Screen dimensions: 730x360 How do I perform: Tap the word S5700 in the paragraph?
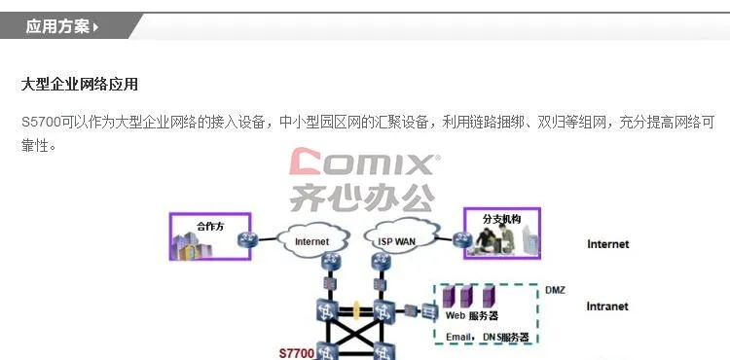pos(40,123)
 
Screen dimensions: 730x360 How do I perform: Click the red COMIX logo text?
pos(365,162)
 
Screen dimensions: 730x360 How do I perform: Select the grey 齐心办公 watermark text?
pos(361,198)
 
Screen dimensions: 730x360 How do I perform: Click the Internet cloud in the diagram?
pos(311,240)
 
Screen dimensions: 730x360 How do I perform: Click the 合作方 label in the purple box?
pos(210,225)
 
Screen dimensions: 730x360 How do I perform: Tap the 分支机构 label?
pos(501,220)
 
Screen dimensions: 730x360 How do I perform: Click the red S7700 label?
pos(297,352)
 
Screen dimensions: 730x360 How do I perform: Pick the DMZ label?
pos(554,290)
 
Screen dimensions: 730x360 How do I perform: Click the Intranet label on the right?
pos(607,306)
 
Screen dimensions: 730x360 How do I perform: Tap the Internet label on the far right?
pos(607,244)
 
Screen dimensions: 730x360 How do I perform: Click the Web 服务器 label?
pos(472,316)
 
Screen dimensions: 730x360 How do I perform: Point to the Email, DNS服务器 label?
pos(487,337)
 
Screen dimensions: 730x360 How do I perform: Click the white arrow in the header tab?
pos(95,27)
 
